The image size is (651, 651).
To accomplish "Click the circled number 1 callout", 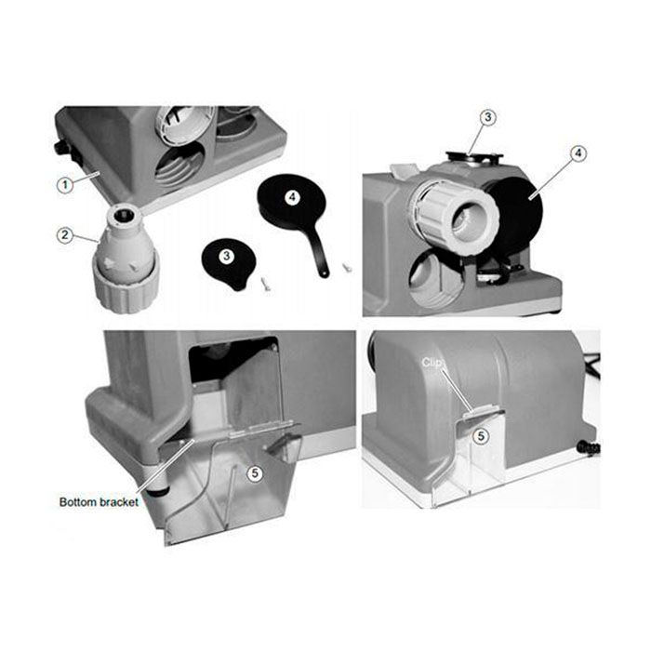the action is (65, 185).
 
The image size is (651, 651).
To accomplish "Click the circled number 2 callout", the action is (65, 235).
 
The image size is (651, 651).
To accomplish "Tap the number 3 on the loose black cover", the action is (226, 256).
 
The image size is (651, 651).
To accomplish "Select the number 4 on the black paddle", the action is (292, 197).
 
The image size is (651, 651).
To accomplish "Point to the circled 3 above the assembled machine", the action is (488, 117).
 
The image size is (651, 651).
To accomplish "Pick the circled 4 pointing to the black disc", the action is (578, 153).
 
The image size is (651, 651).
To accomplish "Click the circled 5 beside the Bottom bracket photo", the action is (255, 473).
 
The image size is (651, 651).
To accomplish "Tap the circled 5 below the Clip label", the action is (481, 436).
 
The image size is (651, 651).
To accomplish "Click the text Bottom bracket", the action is (99, 502).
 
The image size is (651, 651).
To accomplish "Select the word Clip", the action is (431, 363).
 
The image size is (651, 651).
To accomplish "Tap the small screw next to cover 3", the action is (265, 284).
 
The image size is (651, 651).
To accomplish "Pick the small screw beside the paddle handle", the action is (347, 267).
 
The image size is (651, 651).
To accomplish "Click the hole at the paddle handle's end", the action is (323, 273).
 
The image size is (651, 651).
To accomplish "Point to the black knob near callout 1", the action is (60, 147).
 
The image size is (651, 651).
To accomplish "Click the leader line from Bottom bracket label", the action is (165, 471).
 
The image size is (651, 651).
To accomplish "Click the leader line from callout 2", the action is (86, 238).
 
